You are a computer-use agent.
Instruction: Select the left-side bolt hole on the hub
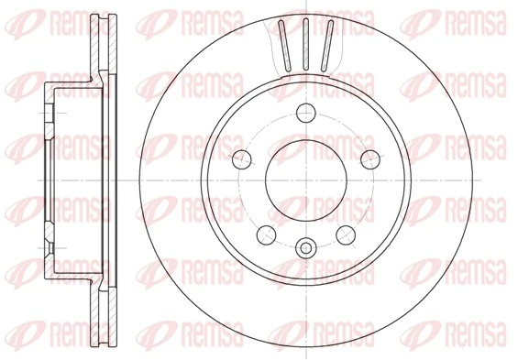[x=244, y=159]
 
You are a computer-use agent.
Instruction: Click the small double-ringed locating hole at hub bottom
[x=306, y=245]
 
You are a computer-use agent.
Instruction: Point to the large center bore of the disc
[x=306, y=180]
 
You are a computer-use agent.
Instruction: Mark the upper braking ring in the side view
[x=103, y=46]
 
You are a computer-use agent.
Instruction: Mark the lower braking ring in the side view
[x=103, y=311]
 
